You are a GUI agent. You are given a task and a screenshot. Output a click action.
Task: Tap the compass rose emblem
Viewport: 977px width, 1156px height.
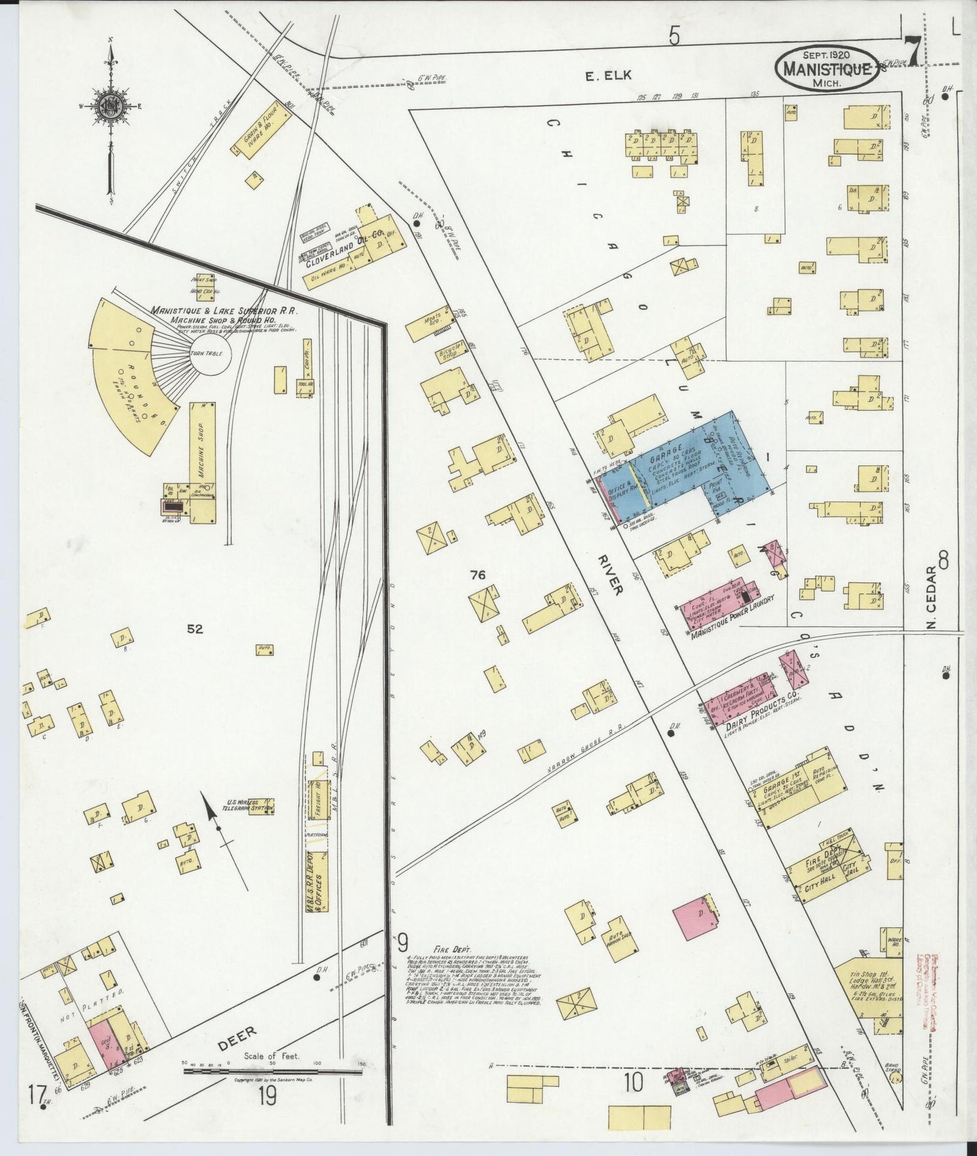click(110, 107)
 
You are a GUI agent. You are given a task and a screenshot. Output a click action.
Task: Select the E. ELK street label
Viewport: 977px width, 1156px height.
click(608, 75)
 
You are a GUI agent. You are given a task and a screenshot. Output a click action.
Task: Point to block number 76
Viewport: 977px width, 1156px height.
click(478, 575)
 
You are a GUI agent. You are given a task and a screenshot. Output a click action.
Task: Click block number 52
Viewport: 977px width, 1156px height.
click(195, 629)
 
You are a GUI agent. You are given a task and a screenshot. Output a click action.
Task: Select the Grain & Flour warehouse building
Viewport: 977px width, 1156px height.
click(258, 137)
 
